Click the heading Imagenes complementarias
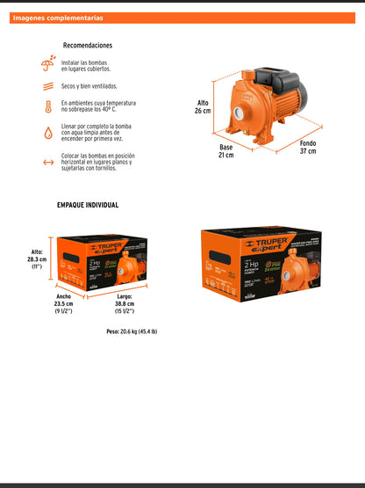coord(58,18)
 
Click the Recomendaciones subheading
coord(88,46)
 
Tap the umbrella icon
coord(47,64)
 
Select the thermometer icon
coord(47,107)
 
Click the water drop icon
coord(47,134)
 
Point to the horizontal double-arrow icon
coord(47,162)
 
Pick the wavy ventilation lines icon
coord(47,87)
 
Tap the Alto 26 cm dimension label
coord(203,107)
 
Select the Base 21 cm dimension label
coord(226,150)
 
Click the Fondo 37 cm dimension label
coord(307,147)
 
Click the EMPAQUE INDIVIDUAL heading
coord(88,205)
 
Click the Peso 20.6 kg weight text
coord(132,331)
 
